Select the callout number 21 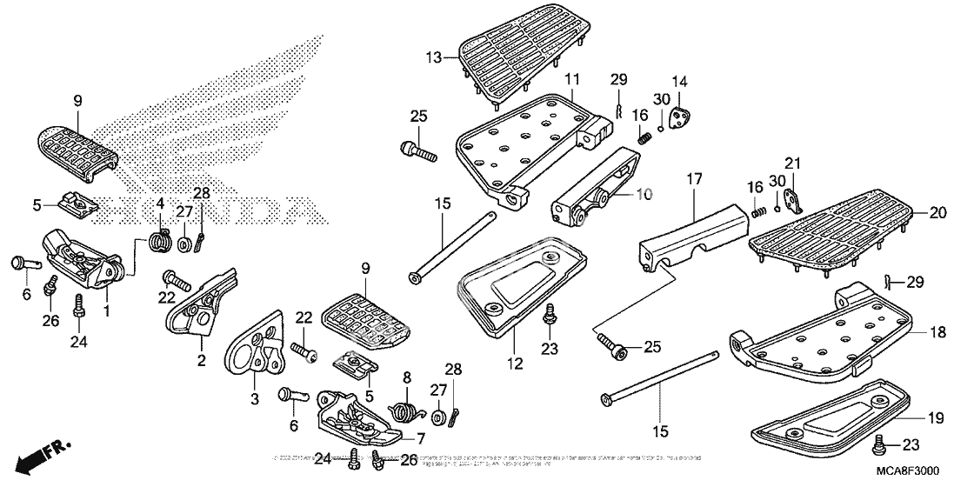click(x=791, y=163)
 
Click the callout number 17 click(x=694, y=180)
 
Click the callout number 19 click(x=934, y=418)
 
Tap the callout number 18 click(x=934, y=333)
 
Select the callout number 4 click(x=159, y=203)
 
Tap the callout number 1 click(x=106, y=310)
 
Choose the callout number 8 click(x=406, y=377)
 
